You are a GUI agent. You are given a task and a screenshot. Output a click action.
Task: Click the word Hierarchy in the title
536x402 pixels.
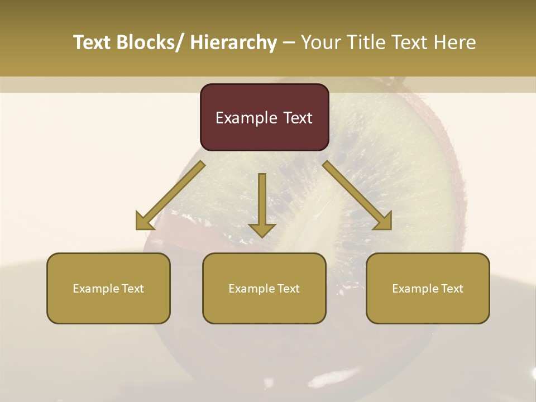(233, 43)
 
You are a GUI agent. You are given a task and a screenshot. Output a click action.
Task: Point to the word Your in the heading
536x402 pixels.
(320, 43)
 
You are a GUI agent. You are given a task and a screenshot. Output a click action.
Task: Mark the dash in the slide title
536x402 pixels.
(289, 43)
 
